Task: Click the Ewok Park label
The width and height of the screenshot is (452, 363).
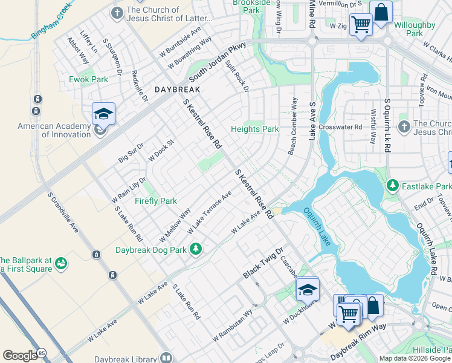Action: pyautogui.click(x=88, y=79)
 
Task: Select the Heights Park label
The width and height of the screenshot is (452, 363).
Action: pyautogui.click(x=255, y=129)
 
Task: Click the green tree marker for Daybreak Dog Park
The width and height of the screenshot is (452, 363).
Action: pyautogui.click(x=195, y=248)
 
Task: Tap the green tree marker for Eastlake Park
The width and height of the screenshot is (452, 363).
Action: pyautogui.click(x=393, y=186)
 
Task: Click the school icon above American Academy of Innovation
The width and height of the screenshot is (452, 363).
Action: pyautogui.click(x=103, y=113)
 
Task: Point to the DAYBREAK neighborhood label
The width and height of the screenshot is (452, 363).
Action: pyautogui.click(x=177, y=89)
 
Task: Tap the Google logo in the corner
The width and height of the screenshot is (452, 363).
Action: pyautogui.click(x=20, y=356)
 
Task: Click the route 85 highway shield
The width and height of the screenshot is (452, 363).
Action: pyautogui.click(x=41, y=353)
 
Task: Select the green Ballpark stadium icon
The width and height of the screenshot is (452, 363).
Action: pyautogui.click(x=60, y=264)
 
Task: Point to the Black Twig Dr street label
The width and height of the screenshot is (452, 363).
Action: pyautogui.click(x=263, y=263)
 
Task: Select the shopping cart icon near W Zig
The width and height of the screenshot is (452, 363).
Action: pyautogui.click(x=361, y=25)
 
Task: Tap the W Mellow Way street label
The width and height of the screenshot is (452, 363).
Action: pyautogui.click(x=175, y=224)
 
